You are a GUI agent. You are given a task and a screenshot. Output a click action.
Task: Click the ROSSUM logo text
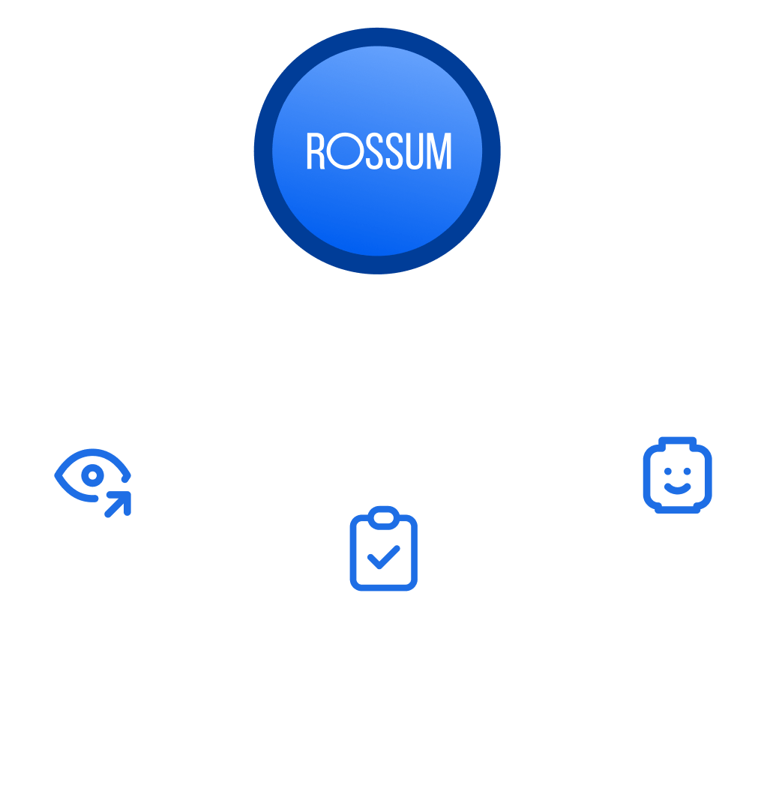pyautogui.click(x=379, y=151)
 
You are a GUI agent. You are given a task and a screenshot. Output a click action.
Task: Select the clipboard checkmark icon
pyautogui.click(x=384, y=548)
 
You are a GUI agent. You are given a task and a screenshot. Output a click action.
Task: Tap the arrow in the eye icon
pyautogui.click(x=118, y=503)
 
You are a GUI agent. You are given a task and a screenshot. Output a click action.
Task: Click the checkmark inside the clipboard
pyautogui.click(x=384, y=557)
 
